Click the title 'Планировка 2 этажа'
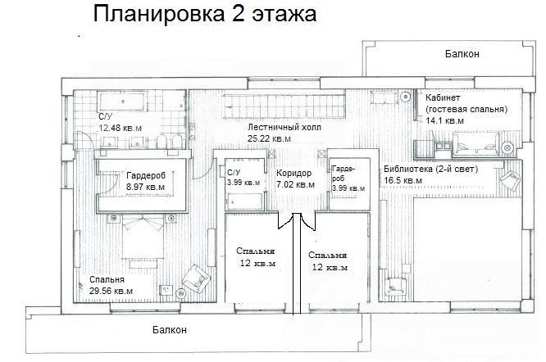click(205, 15)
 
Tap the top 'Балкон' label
click(462, 54)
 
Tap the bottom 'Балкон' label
click(170, 330)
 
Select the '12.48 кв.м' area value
click(121, 128)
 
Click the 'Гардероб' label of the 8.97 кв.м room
click(146, 175)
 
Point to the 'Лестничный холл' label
click(284, 127)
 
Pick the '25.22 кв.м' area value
click(269, 138)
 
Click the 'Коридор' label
click(293, 173)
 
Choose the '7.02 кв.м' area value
click(295, 184)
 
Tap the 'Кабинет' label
click(443, 97)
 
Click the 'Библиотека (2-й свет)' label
click(430, 170)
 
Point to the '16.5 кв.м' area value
click(403, 181)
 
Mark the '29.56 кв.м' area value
click(111, 291)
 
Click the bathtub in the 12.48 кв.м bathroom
click(122, 102)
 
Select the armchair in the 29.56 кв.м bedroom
click(197, 279)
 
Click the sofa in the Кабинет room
click(475, 143)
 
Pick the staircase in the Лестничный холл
click(284, 106)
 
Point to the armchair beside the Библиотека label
click(511, 180)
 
